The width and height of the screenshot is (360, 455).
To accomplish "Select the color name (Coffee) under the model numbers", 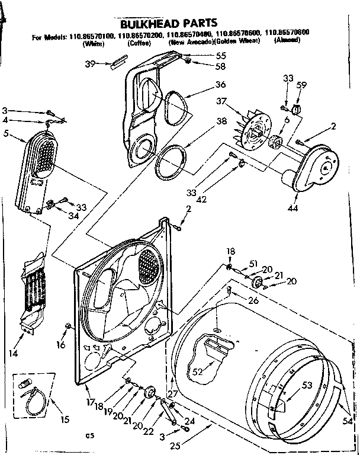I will pos(134,43).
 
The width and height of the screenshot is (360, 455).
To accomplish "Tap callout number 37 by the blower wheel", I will pos(223,102).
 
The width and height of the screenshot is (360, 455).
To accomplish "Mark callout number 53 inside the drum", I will pos(307,386).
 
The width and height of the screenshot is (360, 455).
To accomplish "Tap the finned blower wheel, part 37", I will pos(254,133).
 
